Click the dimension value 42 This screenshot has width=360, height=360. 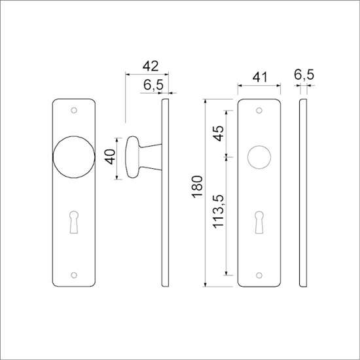[151, 66]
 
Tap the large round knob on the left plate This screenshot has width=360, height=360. [75, 158]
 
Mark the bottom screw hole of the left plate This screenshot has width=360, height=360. [75, 276]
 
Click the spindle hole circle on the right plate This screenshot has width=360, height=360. [259, 158]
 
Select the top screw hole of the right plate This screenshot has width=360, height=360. [259, 110]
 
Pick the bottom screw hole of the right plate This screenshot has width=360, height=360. [259, 276]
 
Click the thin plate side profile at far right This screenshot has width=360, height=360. [303, 193]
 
